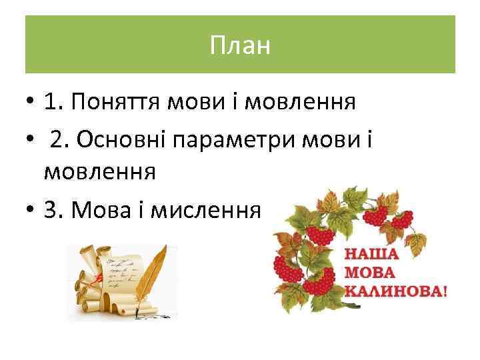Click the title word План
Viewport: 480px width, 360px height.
tap(240, 46)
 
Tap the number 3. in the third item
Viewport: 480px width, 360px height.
tap(53, 211)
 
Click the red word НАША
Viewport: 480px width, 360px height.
tap(371, 254)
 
